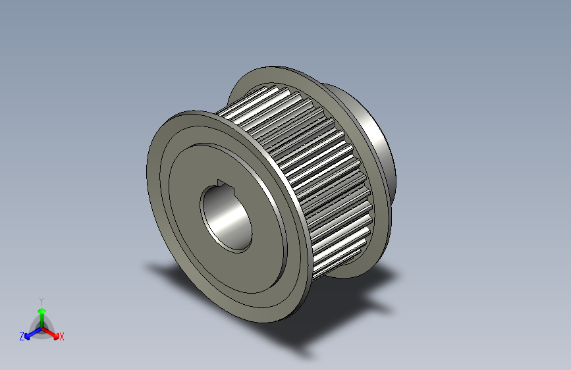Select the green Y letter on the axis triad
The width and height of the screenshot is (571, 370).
[41, 300]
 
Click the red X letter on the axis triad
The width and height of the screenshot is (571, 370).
[62, 337]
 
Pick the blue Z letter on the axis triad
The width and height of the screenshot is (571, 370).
[21, 336]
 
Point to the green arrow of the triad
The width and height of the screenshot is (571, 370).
[41, 315]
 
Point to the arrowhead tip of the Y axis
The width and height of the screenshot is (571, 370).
[41, 307]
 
